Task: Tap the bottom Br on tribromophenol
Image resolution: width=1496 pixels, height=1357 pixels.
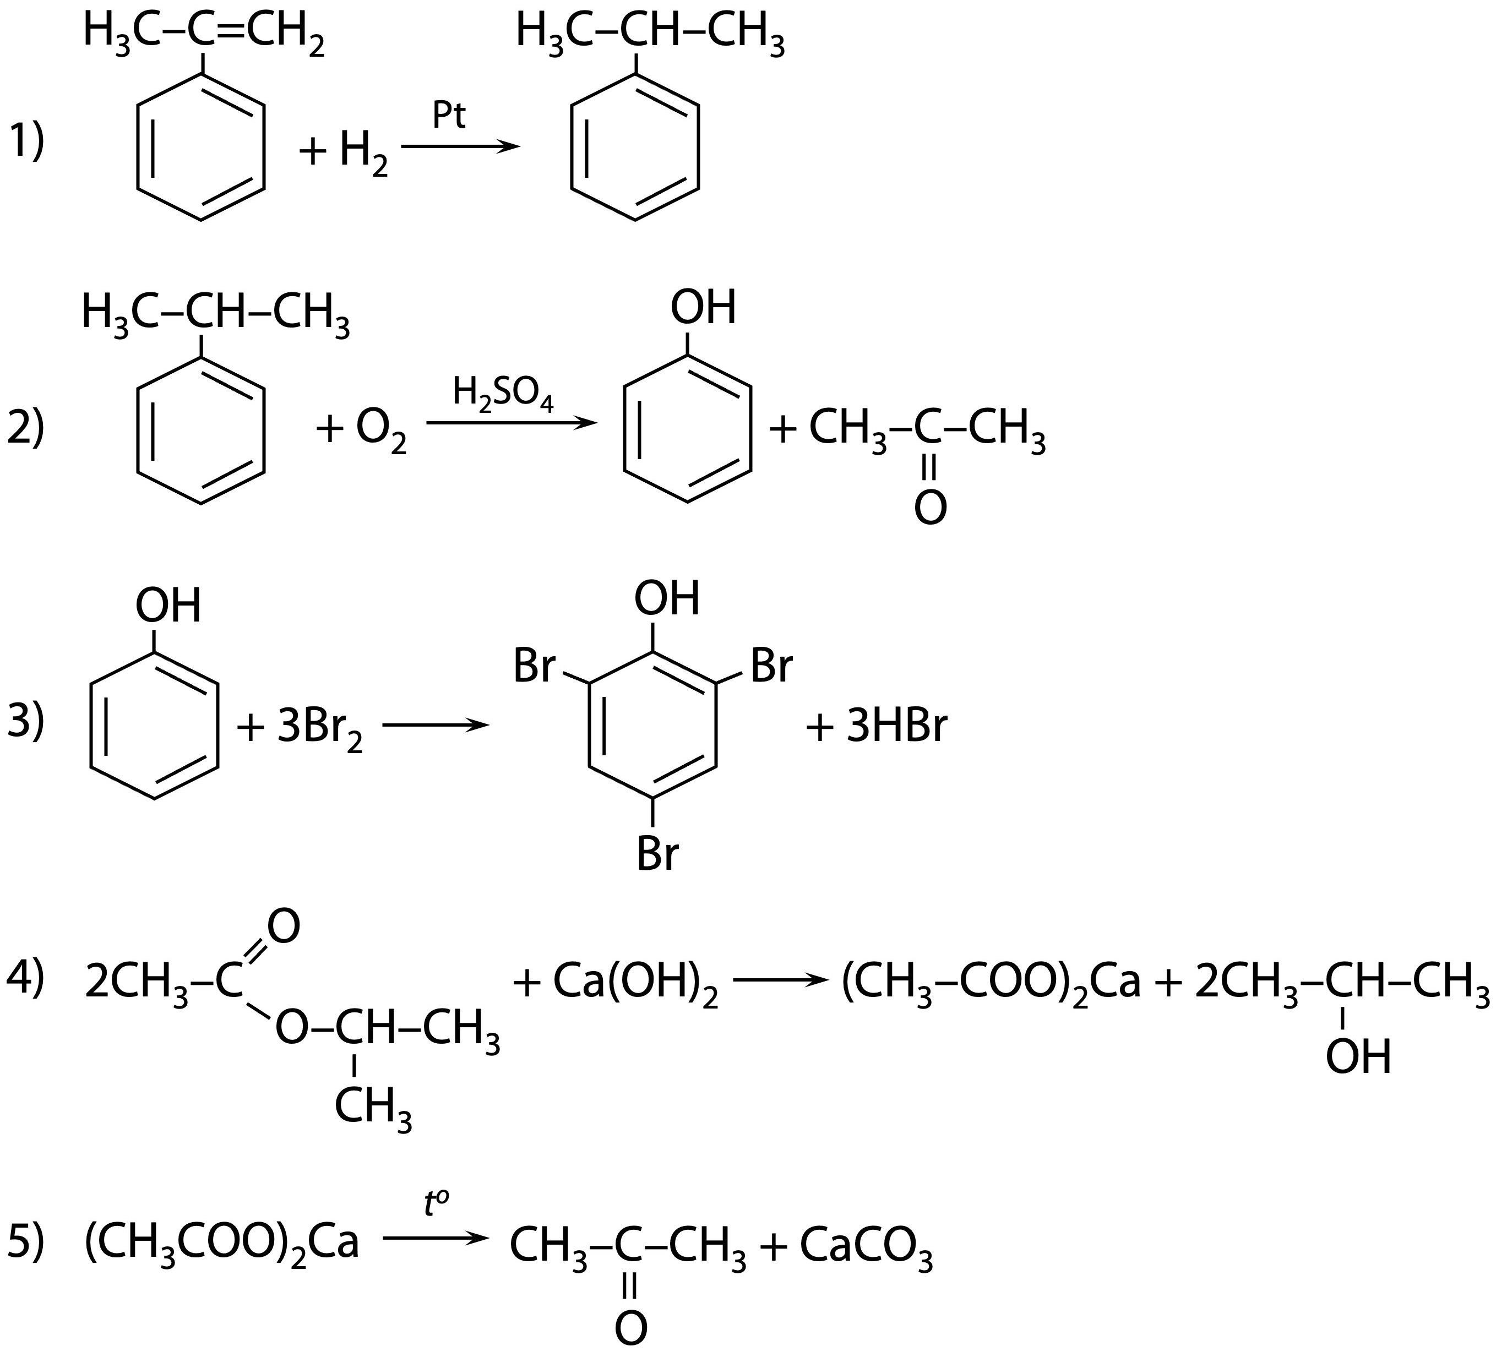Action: tap(657, 855)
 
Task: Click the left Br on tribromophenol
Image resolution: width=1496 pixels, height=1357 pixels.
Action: tap(534, 666)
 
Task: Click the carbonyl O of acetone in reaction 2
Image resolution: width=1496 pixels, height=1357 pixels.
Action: tap(931, 508)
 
